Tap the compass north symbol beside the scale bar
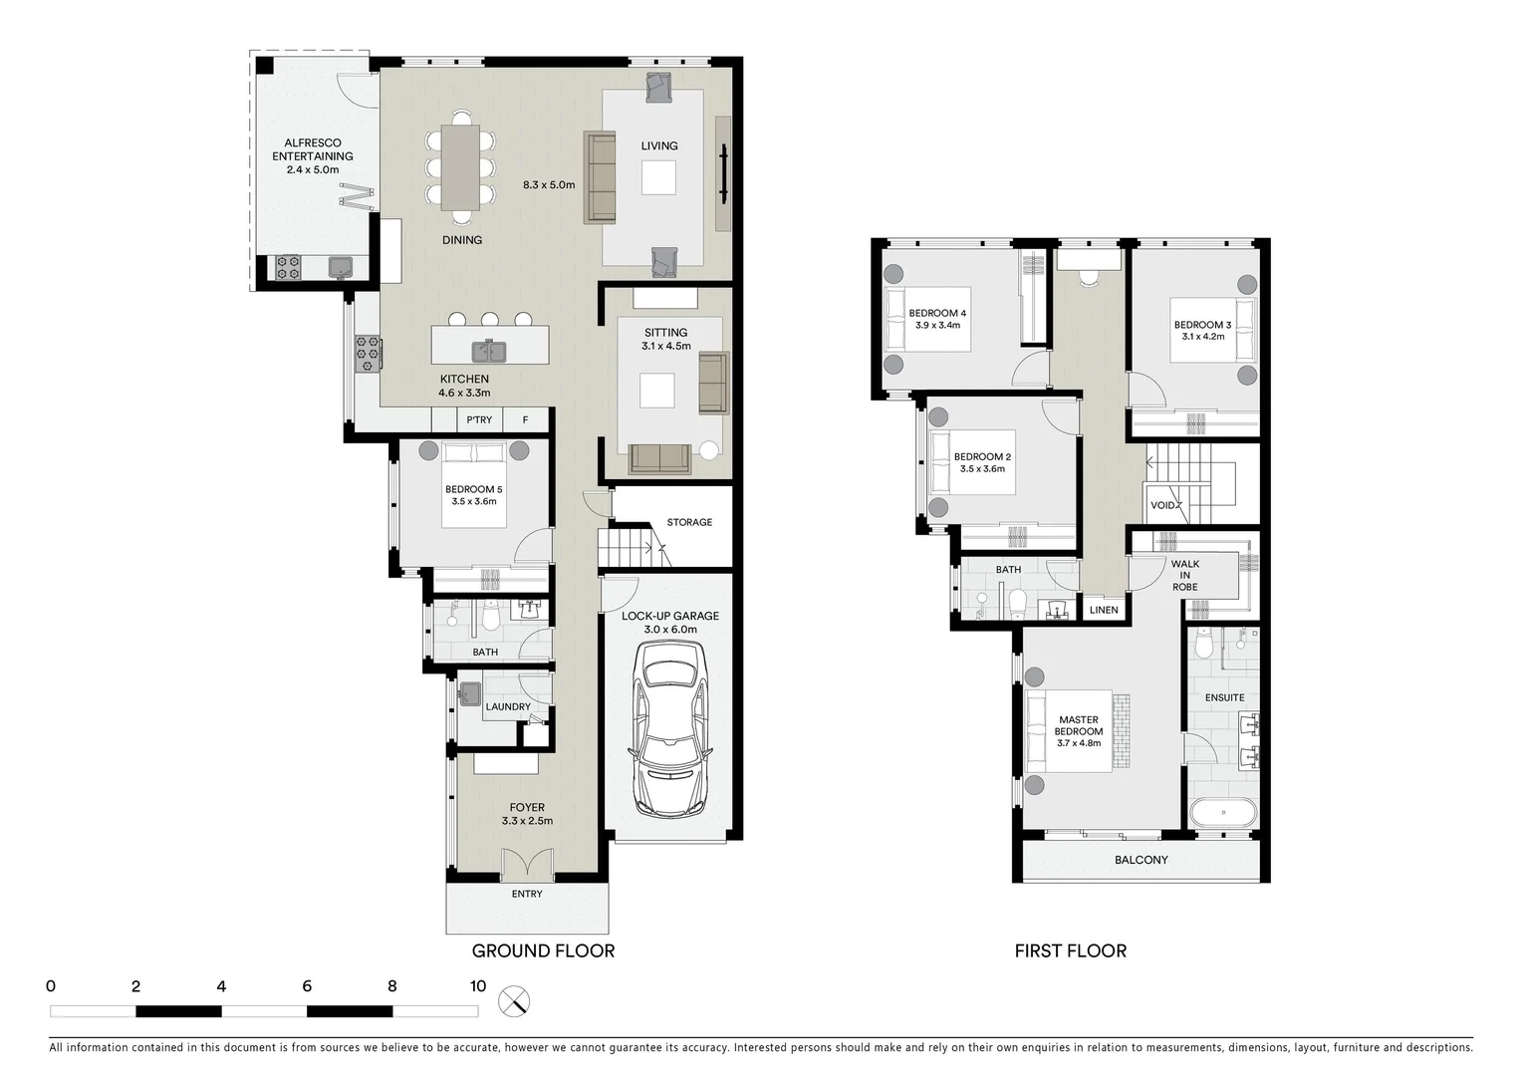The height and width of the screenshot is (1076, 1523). click(514, 1001)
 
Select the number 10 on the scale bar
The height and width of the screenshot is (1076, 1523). click(477, 986)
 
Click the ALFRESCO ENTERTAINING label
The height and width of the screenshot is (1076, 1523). click(313, 149)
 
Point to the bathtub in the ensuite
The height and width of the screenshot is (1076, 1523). click(1225, 813)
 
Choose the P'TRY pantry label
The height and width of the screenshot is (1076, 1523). click(479, 420)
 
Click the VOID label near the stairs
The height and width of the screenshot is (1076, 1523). click(1162, 505)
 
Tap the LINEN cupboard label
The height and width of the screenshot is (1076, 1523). click(1104, 610)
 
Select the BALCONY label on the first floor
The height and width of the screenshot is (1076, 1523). click(1141, 860)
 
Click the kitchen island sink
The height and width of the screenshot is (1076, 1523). click(489, 351)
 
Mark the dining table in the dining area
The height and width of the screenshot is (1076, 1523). click(460, 167)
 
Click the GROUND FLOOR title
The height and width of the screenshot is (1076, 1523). click(543, 950)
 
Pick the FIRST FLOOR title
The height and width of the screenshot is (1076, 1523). click(1070, 950)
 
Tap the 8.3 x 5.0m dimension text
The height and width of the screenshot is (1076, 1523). click(549, 185)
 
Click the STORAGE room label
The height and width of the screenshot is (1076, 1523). click(689, 522)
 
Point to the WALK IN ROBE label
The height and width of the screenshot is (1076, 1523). click(1184, 575)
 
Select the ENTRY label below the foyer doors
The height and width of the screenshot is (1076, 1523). click(527, 894)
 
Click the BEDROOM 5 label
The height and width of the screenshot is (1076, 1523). click(473, 489)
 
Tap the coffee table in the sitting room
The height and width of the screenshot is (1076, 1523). click(657, 391)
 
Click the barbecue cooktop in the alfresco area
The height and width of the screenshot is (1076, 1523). click(288, 267)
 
